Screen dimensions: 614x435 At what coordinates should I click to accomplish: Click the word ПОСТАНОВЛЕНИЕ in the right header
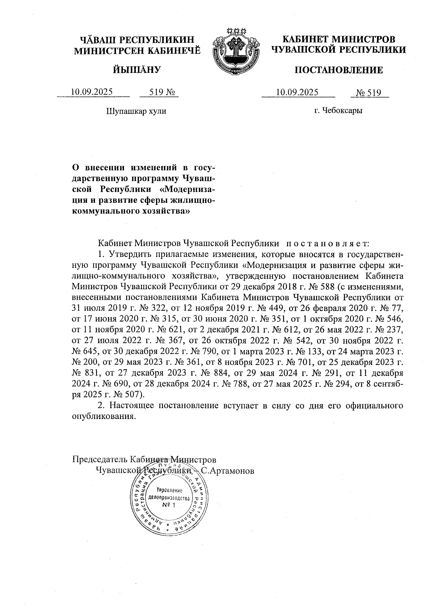[339, 70]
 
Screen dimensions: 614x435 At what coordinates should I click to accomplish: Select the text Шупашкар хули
[136, 111]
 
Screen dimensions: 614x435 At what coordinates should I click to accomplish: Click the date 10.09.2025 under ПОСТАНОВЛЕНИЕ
[297, 92]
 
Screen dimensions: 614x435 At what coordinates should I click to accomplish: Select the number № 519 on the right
[369, 93]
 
